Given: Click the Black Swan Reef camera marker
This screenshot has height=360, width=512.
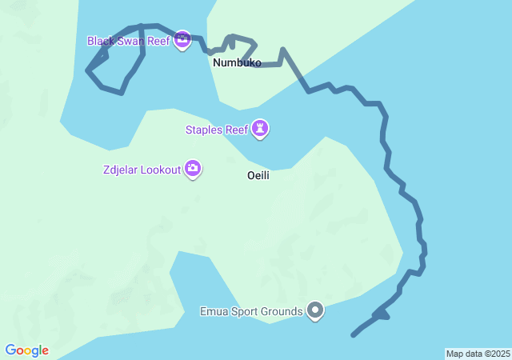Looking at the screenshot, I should click(x=182, y=39).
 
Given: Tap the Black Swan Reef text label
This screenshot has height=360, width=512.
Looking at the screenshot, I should click(x=128, y=40).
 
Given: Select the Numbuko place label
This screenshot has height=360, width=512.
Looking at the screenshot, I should click(x=237, y=62).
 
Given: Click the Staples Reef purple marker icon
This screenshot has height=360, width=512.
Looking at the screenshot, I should click(x=260, y=127).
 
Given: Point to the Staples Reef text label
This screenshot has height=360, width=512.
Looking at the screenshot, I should click(x=216, y=128).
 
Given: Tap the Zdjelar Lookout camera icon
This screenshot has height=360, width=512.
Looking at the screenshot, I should click(x=193, y=168).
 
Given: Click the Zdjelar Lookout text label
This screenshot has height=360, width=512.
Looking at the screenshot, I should click(x=142, y=169).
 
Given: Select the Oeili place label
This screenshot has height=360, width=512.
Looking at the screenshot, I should click(x=258, y=175).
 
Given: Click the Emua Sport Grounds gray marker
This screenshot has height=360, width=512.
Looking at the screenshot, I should click(x=316, y=310).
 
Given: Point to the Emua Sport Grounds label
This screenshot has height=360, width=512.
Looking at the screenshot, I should click(x=251, y=311).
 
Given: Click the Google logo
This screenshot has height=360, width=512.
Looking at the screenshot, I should click(x=26, y=350).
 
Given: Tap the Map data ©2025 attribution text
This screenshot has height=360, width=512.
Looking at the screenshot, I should click(x=478, y=354).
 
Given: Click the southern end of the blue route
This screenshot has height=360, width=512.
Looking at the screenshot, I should click(x=354, y=334).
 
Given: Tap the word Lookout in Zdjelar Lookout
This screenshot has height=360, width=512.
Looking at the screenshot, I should click(x=160, y=169).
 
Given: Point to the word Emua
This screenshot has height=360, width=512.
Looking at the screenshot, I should click(x=214, y=311).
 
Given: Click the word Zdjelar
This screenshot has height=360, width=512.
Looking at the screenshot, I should click(x=120, y=169).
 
